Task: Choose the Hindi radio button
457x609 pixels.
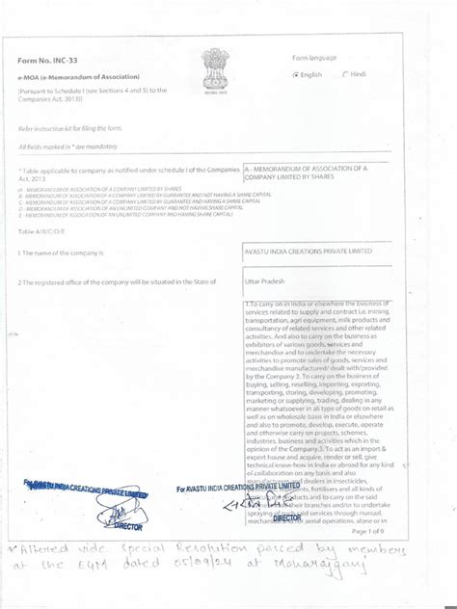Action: point(344,74)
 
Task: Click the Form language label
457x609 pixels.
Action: point(314,58)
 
